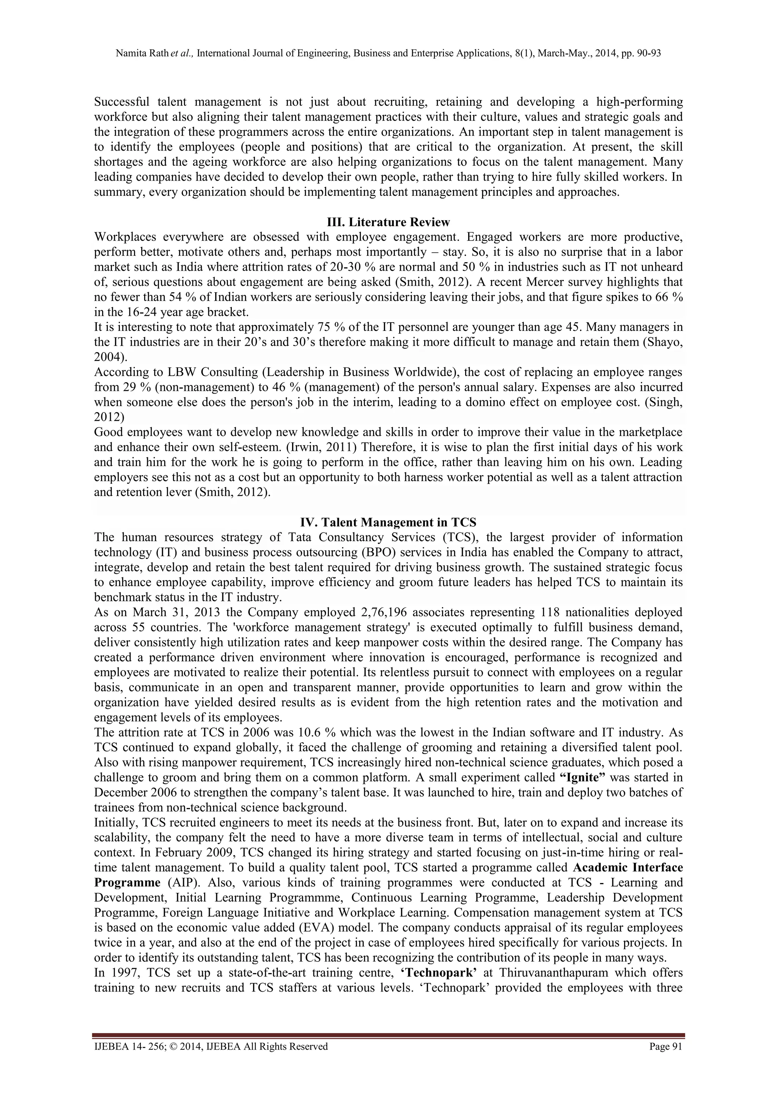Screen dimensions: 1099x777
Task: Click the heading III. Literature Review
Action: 388,222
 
